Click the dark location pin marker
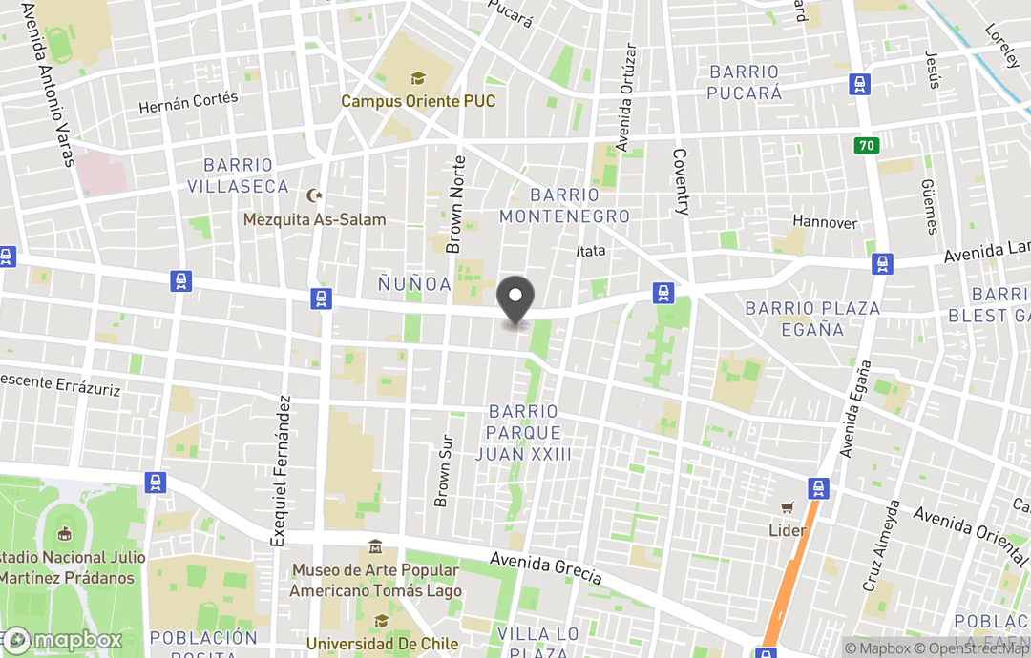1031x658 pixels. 516,298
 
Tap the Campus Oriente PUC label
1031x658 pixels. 418,100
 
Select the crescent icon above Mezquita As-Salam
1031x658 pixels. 314,196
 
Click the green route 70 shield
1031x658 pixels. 867,146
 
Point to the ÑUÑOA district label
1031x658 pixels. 413,284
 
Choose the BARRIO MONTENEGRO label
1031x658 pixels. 564,206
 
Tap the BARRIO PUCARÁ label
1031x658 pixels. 744,82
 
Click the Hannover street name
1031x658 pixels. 825,222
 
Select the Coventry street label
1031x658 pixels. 681,182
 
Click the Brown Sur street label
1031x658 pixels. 443,471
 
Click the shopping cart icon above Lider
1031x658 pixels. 788,508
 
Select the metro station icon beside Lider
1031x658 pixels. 818,488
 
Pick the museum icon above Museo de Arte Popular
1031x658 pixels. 375,548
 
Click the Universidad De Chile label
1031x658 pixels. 381,644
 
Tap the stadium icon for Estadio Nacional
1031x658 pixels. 65,534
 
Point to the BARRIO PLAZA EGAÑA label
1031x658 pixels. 811,319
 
